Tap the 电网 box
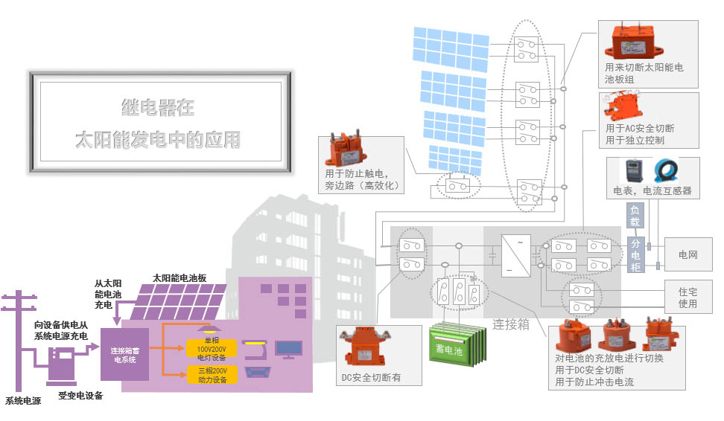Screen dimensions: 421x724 point(688,255)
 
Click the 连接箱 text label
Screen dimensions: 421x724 point(511,324)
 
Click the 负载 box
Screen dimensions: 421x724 point(635,216)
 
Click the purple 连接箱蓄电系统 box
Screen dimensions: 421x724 point(124,354)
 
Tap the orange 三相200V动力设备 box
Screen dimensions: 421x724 point(212,374)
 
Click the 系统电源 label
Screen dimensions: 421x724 point(23,401)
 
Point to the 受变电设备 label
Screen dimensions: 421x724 point(80,396)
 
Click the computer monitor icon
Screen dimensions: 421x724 point(288,348)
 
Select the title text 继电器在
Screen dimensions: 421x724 point(158,108)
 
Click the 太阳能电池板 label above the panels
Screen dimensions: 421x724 point(179,277)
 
